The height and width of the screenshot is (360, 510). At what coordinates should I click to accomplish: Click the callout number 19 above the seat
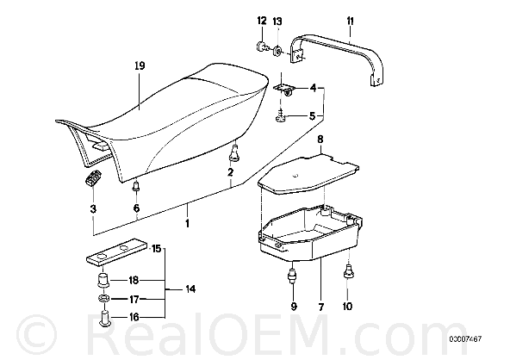pos(140,66)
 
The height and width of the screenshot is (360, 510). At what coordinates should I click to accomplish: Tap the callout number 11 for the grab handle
pos(350,22)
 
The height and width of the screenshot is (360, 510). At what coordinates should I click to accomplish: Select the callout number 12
pos(262,21)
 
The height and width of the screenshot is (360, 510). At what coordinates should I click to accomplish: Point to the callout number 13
pos(277,22)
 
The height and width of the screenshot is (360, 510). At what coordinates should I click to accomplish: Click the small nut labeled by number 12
pos(261,47)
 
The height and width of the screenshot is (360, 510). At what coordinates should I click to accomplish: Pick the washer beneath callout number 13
pos(277,51)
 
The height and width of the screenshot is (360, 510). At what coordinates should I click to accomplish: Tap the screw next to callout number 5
pos(280,117)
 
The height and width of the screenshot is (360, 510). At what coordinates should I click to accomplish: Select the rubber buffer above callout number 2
pos(234,153)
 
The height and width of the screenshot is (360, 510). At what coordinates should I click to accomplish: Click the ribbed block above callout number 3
pos(93,178)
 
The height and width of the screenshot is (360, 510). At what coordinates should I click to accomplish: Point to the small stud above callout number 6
pos(136,187)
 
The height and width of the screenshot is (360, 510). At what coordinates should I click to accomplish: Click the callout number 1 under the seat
pos(187,223)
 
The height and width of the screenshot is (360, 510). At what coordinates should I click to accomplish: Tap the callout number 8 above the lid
pos(320,140)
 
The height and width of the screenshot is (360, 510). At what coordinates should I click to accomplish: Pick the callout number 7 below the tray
pos(320,307)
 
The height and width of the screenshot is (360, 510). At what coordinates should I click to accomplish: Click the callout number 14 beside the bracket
pos(190,289)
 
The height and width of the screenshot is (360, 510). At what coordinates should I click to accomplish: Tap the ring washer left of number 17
pos(103,299)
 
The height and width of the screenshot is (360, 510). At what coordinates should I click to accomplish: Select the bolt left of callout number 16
pos(103,319)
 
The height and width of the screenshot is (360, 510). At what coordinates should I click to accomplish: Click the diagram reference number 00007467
pos(465,338)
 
